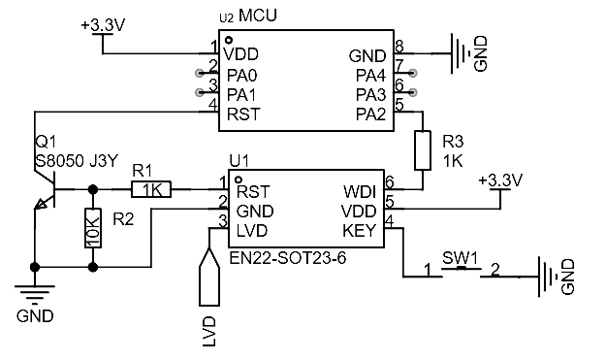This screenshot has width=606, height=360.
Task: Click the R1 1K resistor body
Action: (150, 190)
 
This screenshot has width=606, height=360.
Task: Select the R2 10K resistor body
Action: (93, 229)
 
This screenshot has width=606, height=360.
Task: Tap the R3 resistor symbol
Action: (422, 151)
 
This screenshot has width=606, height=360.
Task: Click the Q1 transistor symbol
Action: (43, 198)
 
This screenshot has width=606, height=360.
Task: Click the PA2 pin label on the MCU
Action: (370, 115)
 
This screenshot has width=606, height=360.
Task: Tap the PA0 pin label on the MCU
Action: (242, 75)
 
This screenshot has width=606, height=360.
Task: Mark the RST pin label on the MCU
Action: (243, 115)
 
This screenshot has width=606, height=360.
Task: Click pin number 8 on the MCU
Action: (399, 47)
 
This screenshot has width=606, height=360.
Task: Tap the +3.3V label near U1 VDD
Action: (500, 181)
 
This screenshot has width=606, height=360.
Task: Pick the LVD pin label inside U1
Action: (253, 230)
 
